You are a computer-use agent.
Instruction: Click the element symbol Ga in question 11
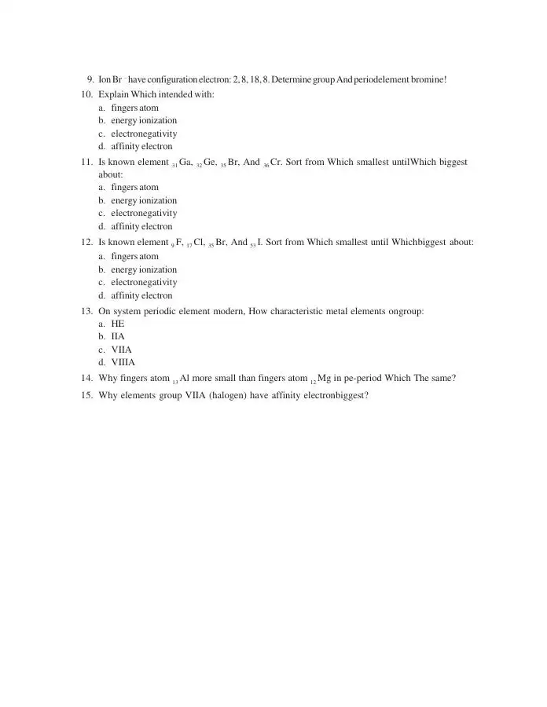pos(185,162)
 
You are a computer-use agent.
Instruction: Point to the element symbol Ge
pos(210,162)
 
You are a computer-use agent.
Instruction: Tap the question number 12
pos(87,242)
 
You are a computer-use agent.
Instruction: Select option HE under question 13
pos(118,324)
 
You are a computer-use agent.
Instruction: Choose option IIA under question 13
pos(118,336)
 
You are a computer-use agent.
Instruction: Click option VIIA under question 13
pos(121,350)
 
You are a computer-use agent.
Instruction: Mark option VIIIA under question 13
pos(123,362)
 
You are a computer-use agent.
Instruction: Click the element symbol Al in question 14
pos(186,378)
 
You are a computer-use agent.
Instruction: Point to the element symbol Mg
pos(324,378)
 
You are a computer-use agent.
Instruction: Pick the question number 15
pos(87,395)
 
